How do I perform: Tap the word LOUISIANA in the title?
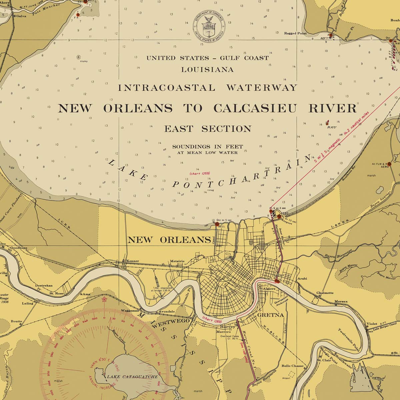click(207, 70)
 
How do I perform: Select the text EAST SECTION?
click(207, 129)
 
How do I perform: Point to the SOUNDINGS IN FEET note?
click(207, 147)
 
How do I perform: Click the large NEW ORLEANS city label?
click(169, 240)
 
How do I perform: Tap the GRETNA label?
click(270, 315)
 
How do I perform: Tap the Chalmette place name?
click(325, 293)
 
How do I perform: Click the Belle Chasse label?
click(293, 366)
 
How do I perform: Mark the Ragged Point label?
click(295, 33)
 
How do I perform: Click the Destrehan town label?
click(44, 286)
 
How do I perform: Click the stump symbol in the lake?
click(79, 57)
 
